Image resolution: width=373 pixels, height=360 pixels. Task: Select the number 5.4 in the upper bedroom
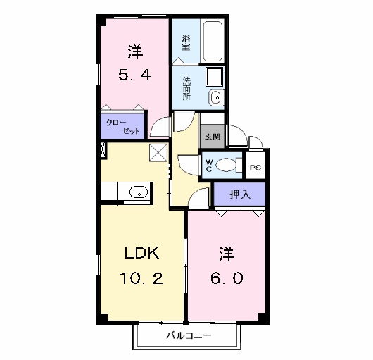[134, 74]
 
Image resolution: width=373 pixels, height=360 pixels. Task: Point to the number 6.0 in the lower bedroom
[225, 278]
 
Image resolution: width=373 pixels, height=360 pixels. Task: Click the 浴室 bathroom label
[186, 43]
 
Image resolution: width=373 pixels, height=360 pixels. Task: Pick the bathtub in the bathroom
[213, 42]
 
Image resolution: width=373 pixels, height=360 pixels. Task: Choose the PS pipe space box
[255, 168]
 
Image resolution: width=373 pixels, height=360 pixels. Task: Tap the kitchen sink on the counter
[138, 191]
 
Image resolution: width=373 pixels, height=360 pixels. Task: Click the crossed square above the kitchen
[158, 151]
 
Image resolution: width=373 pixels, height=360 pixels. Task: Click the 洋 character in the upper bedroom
[134, 51]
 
